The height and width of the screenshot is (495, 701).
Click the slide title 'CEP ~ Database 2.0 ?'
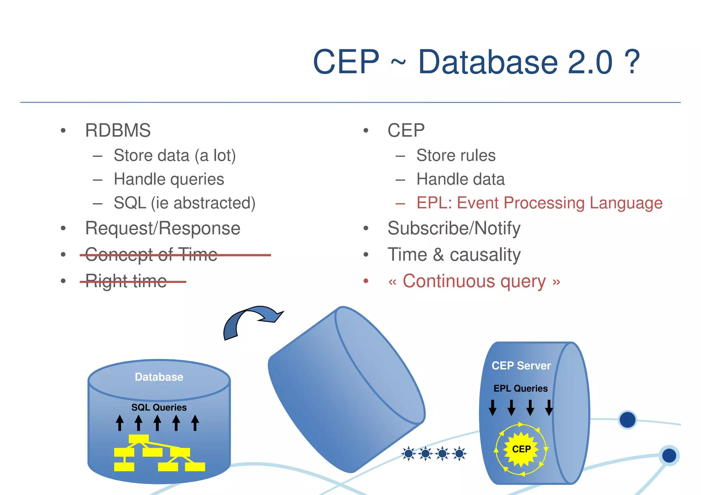click(476, 62)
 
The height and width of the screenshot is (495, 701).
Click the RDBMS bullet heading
click(118, 130)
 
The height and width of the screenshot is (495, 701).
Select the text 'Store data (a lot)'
click(175, 156)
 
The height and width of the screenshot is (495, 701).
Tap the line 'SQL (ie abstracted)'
click(184, 203)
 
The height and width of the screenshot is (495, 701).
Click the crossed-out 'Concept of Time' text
click(151, 255)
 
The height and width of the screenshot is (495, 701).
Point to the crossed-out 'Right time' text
click(126, 281)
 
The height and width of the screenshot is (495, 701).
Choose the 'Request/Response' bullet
click(163, 228)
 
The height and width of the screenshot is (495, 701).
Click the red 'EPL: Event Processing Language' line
click(539, 203)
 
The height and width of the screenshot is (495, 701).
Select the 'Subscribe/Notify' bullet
click(454, 228)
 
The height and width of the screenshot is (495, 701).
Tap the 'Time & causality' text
click(454, 255)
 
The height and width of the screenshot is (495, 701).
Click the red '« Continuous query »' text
click(474, 281)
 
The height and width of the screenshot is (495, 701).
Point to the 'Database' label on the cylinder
click(159, 377)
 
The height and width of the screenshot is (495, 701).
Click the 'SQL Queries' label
click(159, 407)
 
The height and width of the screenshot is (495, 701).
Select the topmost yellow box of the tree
click(139, 439)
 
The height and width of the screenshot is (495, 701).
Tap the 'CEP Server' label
click(521, 366)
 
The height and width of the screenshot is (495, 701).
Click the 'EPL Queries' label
click(520, 389)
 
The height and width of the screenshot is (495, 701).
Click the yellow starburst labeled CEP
click(521, 449)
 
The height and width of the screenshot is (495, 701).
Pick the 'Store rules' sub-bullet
click(456, 156)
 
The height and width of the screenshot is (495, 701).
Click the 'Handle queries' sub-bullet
click(169, 179)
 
